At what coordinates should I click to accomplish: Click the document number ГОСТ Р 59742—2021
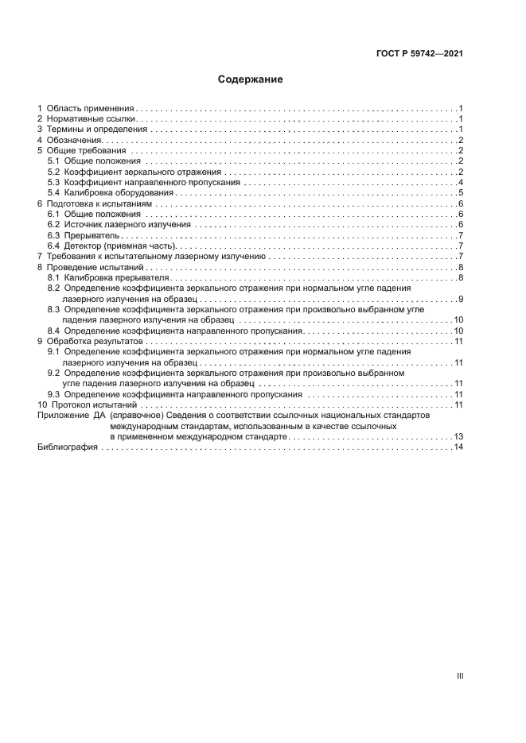[x=419, y=54]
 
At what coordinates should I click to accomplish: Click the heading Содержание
[x=251, y=79]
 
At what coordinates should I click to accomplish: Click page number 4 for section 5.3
[x=461, y=183]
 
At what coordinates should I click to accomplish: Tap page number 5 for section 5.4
[x=461, y=193]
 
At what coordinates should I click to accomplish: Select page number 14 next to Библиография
[x=458, y=447]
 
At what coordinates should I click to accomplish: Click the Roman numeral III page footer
[x=459, y=676]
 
